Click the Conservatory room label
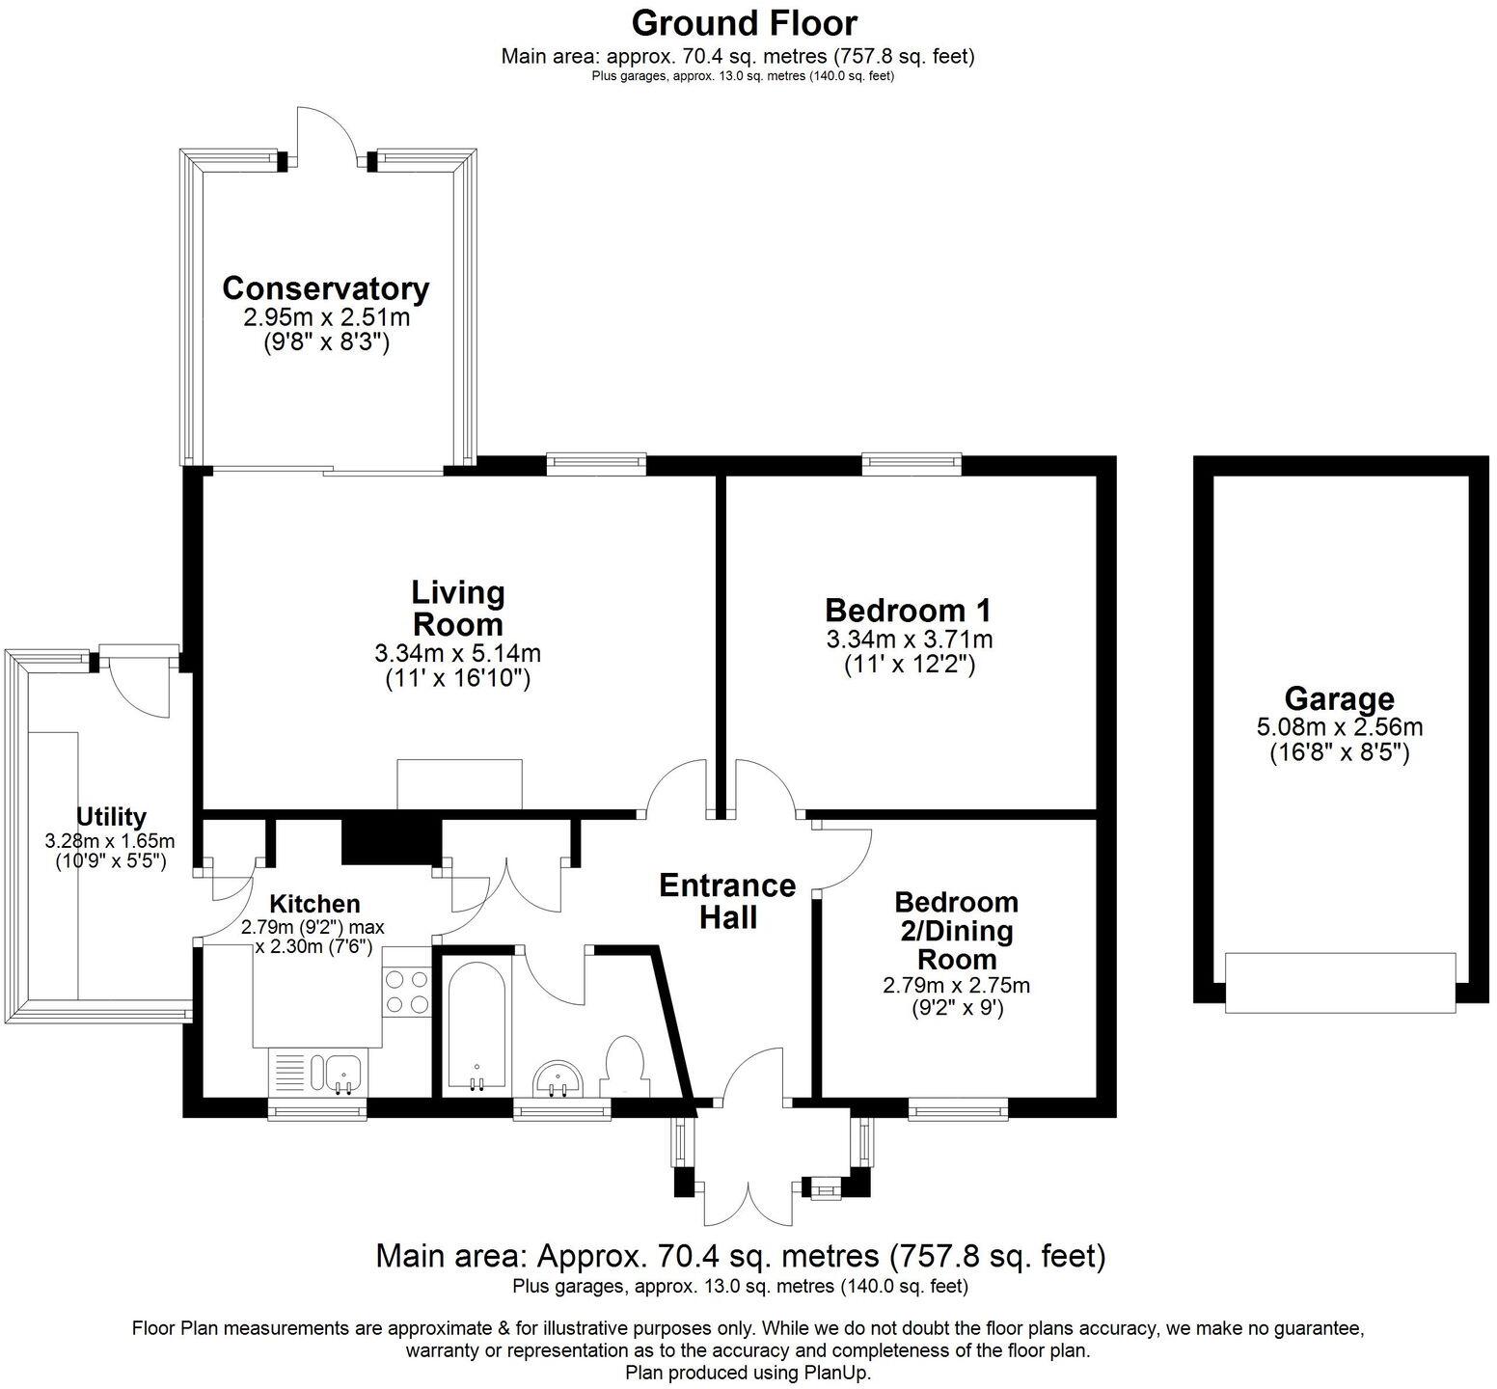pos(326,288)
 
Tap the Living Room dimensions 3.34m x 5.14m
pos(457,654)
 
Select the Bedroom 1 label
pos(909,611)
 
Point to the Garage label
pos(1339,699)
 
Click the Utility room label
pos(111,817)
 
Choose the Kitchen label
pos(314,904)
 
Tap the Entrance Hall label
pos(728,901)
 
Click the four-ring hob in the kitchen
pos(407,992)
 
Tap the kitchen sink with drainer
pos(316,1073)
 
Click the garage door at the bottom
pos(1340,982)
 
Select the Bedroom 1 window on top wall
pos(912,464)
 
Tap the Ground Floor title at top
pos(743,21)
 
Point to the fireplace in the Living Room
pos(460,784)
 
